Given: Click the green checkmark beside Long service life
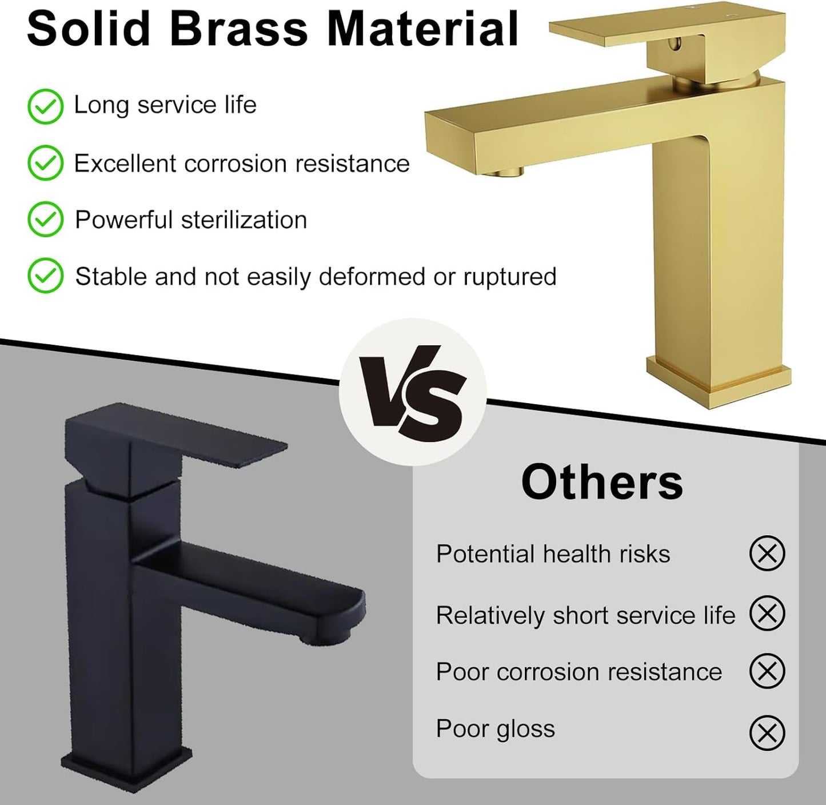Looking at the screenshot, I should click(45, 107).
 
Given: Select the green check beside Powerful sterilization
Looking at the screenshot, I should click(45, 220).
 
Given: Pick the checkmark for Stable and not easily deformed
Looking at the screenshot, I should click(45, 276).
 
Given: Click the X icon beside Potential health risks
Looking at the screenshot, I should click(767, 553).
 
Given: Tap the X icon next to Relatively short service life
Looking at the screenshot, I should click(767, 613).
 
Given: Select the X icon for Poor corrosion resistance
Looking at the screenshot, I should click(767, 671).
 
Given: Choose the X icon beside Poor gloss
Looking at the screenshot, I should click(767, 732).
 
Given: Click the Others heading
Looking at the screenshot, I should click(602, 483).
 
